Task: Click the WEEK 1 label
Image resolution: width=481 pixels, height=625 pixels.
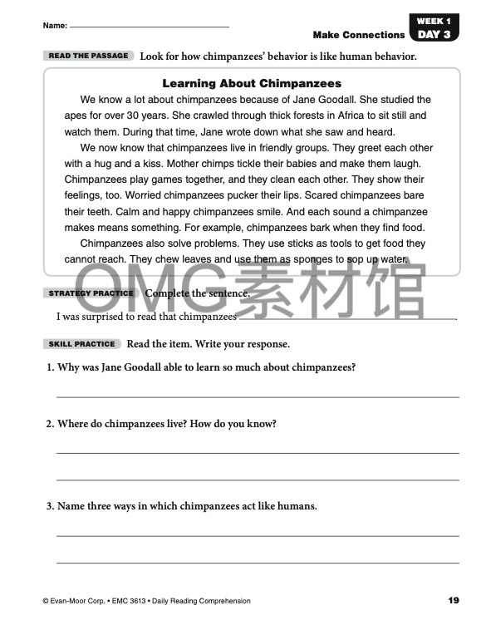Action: click(x=434, y=21)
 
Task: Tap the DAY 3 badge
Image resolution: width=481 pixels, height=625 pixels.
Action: click(x=434, y=35)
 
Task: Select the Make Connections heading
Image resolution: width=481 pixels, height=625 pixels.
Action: click(x=359, y=35)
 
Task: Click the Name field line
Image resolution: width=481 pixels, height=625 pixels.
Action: click(x=150, y=27)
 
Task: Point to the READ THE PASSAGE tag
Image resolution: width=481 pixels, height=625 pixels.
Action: click(x=89, y=56)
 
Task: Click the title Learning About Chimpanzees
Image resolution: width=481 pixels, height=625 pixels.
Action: click(x=252, y=83)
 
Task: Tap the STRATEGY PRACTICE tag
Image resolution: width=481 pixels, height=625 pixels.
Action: click(x=91, y=293)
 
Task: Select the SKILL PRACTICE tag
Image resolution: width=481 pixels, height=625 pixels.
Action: click(x=82, y=344)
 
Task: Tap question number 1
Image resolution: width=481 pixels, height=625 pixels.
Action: click(x=50, y=367)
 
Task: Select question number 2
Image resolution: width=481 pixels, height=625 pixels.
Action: click(x=50, y=424)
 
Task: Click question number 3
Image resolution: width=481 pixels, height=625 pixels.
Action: click(x=50, y=505)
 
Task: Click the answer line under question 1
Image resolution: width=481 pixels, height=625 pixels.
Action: click(x=258, y=396)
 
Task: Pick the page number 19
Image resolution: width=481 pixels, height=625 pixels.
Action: click(x=453, y=601)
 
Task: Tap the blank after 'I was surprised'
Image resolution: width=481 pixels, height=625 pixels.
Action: click(x=357, y=317)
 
